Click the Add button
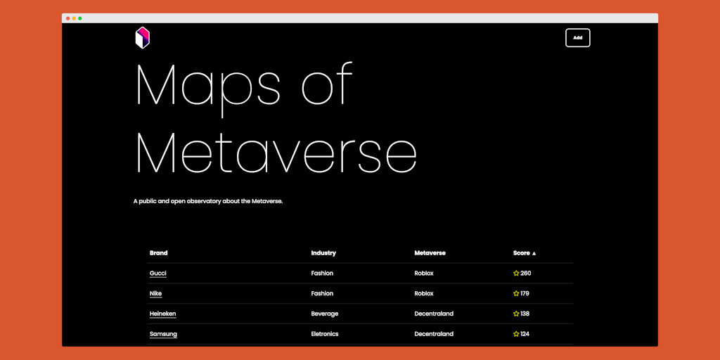click(x=577, y=38)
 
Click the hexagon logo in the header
click(x=143, y=38)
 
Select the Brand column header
click(x=158, y=253)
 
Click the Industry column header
click(x=323, y=253)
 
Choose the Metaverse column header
click(x=430, y=253)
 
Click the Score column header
click(x=525, y=253)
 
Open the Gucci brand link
click(x=158, y=274)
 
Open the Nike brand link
click(x=155, y=294)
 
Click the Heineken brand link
click(x=162, y=314)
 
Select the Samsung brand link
click(x=163, y=334)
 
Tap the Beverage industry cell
click(x=325, y=314)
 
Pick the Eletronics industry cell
click(x=325, y=334)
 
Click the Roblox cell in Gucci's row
click(x=424, y=274)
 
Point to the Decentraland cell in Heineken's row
click(x=434, y=314)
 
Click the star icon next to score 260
click(x=516, y=274)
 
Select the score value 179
click(x=525, y=294)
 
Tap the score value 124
click(x=525, y=334)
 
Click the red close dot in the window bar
click(x=68, y=18)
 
